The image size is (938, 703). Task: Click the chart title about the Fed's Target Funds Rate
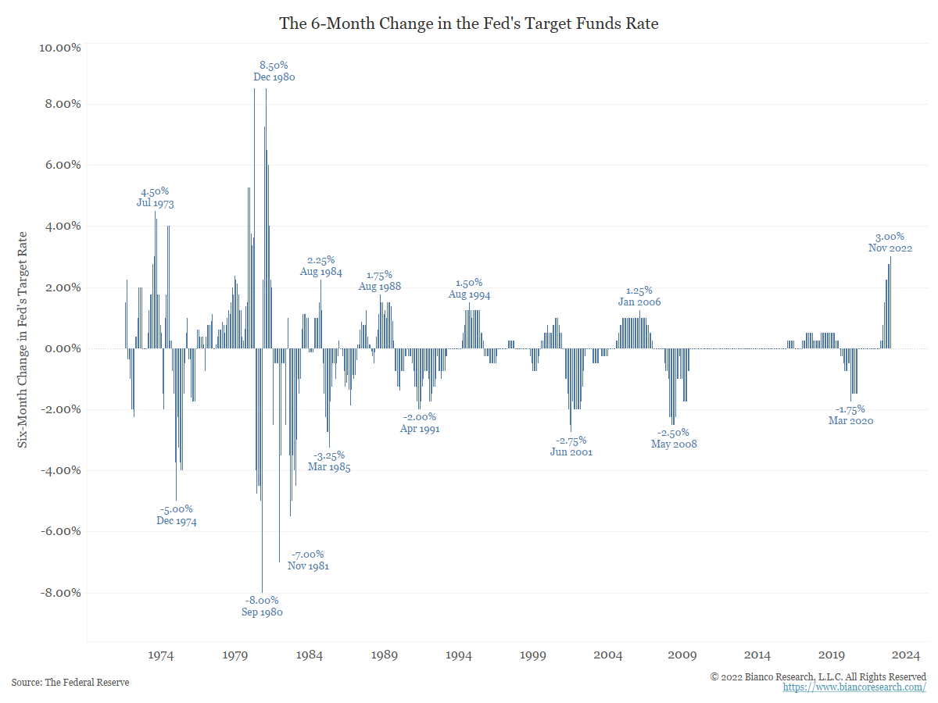[x=469, y=23]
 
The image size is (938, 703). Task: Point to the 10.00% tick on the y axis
[x=59, y=48]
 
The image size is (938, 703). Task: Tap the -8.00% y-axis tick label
[x=59, y=592]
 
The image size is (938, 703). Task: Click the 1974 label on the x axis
[x=160, y=655]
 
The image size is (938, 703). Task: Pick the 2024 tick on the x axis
[x=907, y=655]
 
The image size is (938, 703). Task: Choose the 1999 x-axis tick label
[x=533, y=655]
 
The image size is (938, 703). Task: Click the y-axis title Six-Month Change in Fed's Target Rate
[x=23, y=339]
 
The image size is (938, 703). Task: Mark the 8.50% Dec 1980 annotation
[x=274, y=71]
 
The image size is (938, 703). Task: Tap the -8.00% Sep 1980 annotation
[x=262, y=606]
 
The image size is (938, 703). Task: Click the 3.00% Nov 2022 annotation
[x=890, y=242]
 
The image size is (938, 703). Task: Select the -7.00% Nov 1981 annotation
[x=308, y=560]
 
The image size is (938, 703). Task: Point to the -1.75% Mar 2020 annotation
[x=850, y=415]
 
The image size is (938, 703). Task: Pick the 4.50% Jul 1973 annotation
[x=155, y=197]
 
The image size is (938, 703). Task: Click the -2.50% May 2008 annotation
[x=673, y=438]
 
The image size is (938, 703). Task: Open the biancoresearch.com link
[x=854, y=687]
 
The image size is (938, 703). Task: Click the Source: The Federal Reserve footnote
[x=70, y=683]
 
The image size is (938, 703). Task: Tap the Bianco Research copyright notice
[x=818, y=676]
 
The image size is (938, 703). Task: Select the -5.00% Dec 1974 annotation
[x=176, y=515]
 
